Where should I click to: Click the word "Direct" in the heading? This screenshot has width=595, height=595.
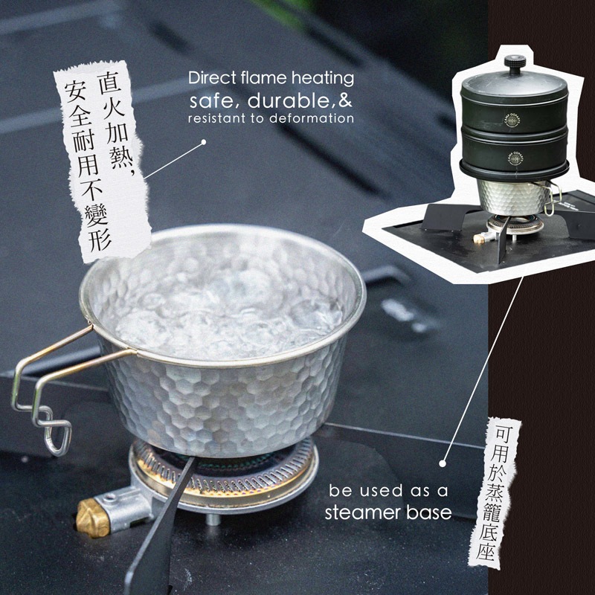[x=213, y=78]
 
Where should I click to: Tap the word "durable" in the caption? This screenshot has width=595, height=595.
[x=289, y=101]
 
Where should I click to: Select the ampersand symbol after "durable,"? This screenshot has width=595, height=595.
[x=344, y=101]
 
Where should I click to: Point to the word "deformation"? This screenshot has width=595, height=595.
[x=312, y=118]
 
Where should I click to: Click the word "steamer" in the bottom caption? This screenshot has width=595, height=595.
[x=363, y=512]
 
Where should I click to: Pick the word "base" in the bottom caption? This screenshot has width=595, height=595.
[x=429, y=512]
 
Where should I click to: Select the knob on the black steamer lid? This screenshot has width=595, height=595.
[x=515, y=64]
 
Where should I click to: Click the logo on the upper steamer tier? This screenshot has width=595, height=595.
[x=512, y=120]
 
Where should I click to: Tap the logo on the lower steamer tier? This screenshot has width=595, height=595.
[x=515, y=158]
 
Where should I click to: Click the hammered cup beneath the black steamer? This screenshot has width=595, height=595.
[x=513, y=197]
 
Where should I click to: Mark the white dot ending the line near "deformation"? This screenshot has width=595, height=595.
[x=203, y=142]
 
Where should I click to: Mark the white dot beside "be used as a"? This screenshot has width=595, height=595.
[x=443, y=463]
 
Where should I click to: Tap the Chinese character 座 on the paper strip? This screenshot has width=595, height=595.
[x=486, y=550]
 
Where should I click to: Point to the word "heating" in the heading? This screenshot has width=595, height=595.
[x=323, y=79]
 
